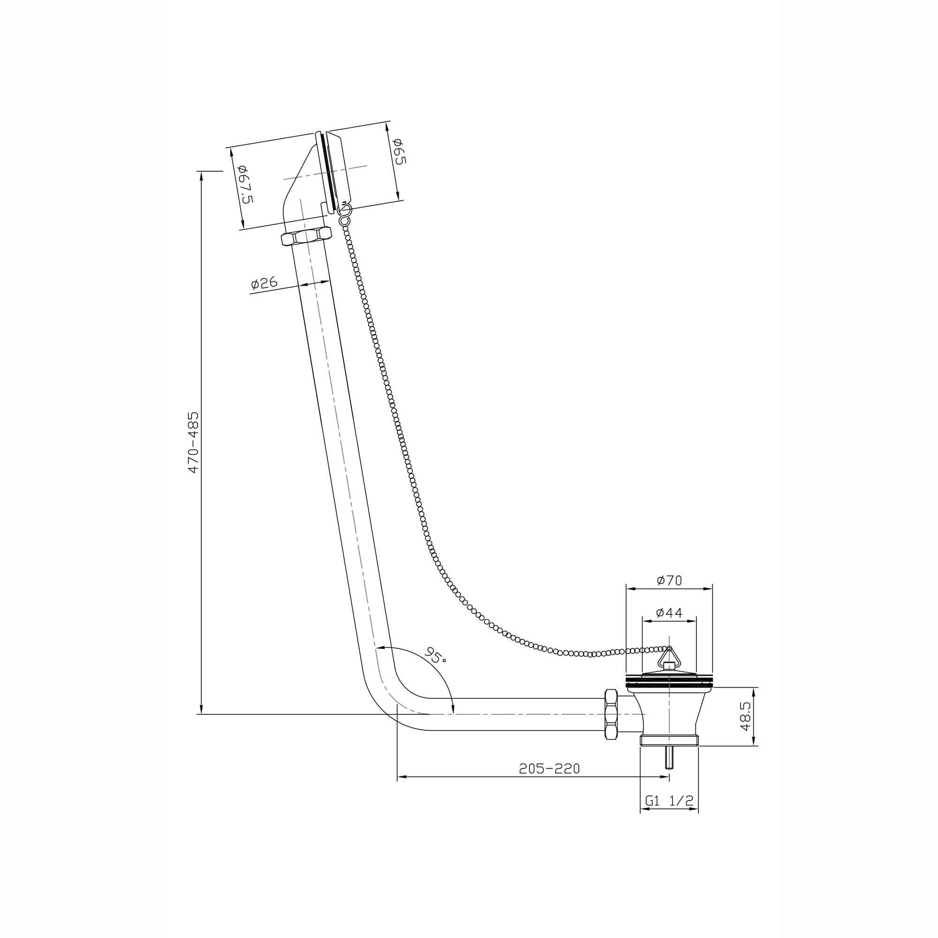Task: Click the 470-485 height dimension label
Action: pyautogui.click(x=194, y=442)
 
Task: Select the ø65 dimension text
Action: pyautogui.click(x=400, y=151)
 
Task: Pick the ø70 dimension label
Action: pyautogui.click(x=670, y=580)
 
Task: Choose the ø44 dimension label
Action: pyautogui.click(x=669, y=613)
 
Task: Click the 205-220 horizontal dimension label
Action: pyautogui.click(x=549, y=769)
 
